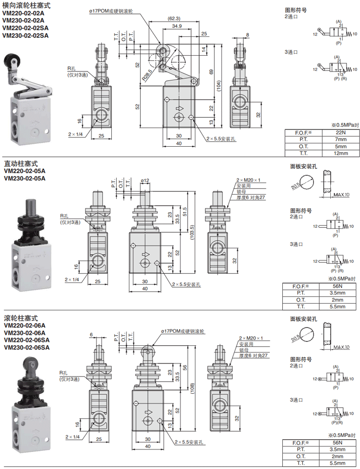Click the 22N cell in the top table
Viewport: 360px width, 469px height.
[341, 132]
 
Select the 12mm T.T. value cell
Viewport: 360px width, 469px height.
[341, 153]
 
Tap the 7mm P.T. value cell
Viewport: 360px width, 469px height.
[341, 140]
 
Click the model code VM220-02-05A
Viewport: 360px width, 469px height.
[24, 171]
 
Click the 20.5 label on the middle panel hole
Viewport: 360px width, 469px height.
[295, 186]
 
